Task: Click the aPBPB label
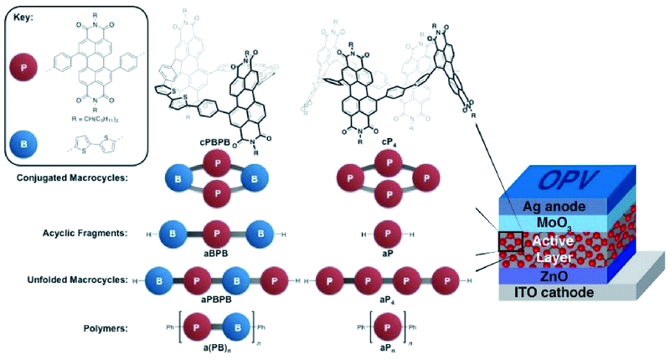[x=216, y=298]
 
